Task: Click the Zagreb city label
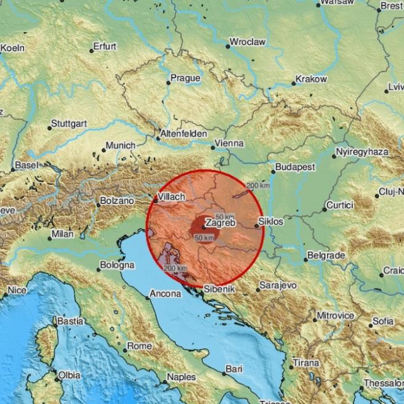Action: (x=220, y=223)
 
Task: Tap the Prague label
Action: (x=185, y=79)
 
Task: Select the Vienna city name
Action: (x=229, y=143)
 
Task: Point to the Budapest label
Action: (x=294, y=167)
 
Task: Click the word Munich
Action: (x=120, y=145)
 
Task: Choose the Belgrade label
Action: (x=325, y=256)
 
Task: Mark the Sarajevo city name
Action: (x=277, y=285)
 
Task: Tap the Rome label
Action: (x=140, y=346)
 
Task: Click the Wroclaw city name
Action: (x=247, y=42)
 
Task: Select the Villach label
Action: (x=171, y=196)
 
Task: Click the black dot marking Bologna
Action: (x=98, y=270)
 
